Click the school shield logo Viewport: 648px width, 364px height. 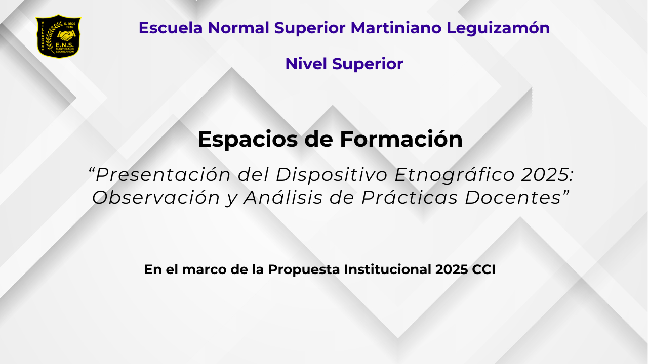click(58, 36)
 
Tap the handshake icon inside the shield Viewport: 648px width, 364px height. click(66, 36)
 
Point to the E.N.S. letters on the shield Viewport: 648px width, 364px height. click(64, 45)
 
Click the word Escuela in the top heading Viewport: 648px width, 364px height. click(171, 28)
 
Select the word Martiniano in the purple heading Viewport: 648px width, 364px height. click(396, 28)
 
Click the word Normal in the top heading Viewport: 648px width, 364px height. click(238, 28)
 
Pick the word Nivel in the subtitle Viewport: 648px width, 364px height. click(306, 64)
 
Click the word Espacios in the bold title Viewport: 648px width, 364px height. click(248, 140)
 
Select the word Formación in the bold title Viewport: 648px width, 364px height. click(401, 139)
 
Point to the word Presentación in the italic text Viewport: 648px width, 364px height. click(163, 175)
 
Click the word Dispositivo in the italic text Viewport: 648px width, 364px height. click(332, 175)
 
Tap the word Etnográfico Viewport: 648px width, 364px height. click(455, 175)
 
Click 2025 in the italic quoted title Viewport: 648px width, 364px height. click(545, 175)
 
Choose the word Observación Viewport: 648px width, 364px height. click(156, 198)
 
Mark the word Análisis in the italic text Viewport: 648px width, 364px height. click(283, 197)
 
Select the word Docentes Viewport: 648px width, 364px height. click(513, 198)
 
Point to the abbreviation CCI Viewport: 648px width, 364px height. click(483, 269)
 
